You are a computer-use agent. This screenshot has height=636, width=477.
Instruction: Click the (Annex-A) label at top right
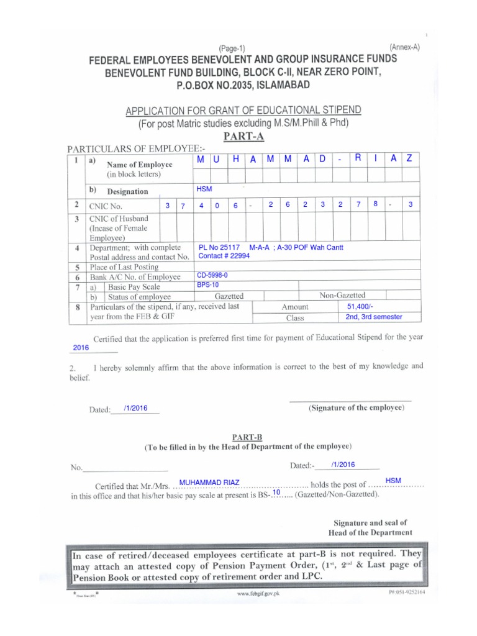[404, 47]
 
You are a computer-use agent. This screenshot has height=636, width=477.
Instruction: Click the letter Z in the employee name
[409, 159]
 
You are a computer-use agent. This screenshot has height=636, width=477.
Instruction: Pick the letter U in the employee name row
[217, 160]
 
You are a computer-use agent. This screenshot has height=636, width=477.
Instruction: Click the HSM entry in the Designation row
[203, 188]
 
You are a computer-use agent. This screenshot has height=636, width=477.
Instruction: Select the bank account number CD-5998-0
[212, 274]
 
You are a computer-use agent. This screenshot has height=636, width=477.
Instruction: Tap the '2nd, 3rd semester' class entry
[374, 317]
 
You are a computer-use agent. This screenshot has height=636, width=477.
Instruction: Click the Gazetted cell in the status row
[229, 296]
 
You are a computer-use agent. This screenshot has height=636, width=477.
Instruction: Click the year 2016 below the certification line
[81, 348]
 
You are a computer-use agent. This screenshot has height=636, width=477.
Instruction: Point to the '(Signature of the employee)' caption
[357, 408]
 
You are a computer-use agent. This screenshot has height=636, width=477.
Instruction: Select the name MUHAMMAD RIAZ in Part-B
[205, 482]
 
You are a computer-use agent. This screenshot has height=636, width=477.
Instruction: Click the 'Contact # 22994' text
[224, 256]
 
